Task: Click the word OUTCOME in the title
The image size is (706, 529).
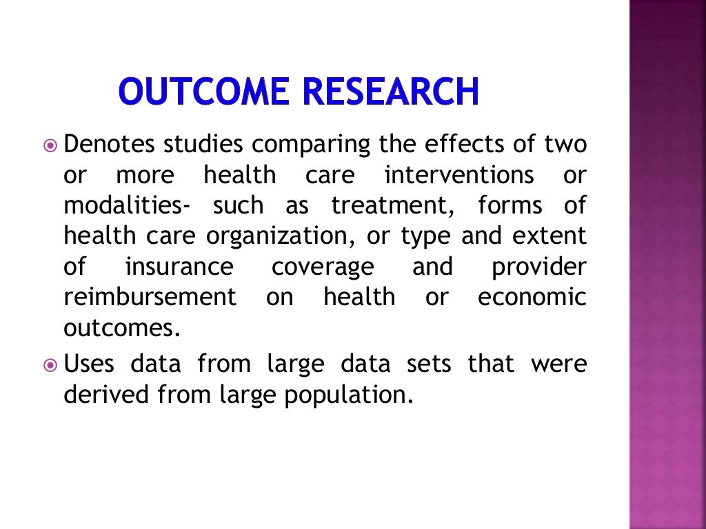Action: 204,92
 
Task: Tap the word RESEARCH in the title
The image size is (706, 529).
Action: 389,92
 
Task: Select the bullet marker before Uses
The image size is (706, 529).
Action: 51,364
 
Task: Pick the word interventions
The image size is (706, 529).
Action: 459,176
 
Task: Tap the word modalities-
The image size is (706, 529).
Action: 128,206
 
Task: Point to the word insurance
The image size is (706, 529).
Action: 179,267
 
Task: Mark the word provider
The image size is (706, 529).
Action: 538,267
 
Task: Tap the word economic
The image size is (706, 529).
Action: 532,298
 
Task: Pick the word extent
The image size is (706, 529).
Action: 550,236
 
